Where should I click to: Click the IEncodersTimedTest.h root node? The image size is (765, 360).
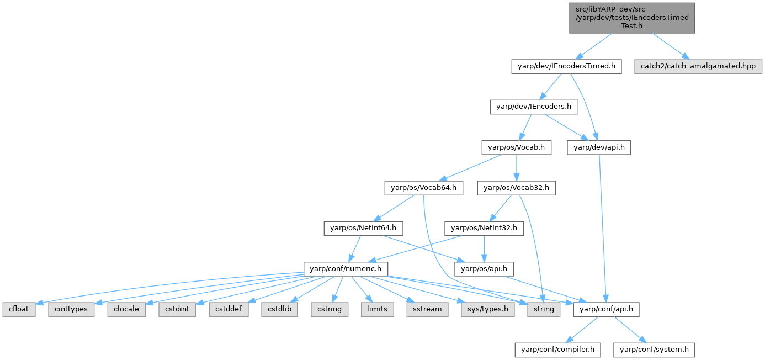pos(632,18)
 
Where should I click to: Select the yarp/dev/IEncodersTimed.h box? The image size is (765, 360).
pos(566,67)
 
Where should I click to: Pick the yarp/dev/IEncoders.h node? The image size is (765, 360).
pos(534,107)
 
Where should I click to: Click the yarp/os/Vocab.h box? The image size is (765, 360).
pos(516,147)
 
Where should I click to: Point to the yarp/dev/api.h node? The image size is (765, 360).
pos(599,147)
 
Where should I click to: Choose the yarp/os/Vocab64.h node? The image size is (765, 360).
pos(423,188)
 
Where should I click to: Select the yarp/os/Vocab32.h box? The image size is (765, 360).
pos(517,188)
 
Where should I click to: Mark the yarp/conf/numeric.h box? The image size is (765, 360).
pos(346,269)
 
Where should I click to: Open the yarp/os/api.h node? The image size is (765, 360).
pos(484,269)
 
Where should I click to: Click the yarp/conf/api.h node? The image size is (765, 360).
pos(607,309)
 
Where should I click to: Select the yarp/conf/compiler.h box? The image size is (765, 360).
pos(557,350)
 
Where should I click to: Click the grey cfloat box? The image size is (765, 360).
pos(19,309)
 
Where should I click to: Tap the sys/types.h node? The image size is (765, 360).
pos(488,309)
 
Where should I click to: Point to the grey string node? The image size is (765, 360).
pos(544,309)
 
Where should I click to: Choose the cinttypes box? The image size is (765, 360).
pos(72,309)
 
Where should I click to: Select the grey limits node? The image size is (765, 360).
pos(377,309)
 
